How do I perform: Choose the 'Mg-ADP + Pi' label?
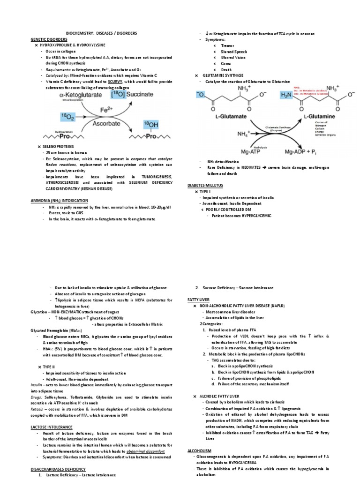(321, 152)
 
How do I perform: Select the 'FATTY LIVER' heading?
(198, 299)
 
